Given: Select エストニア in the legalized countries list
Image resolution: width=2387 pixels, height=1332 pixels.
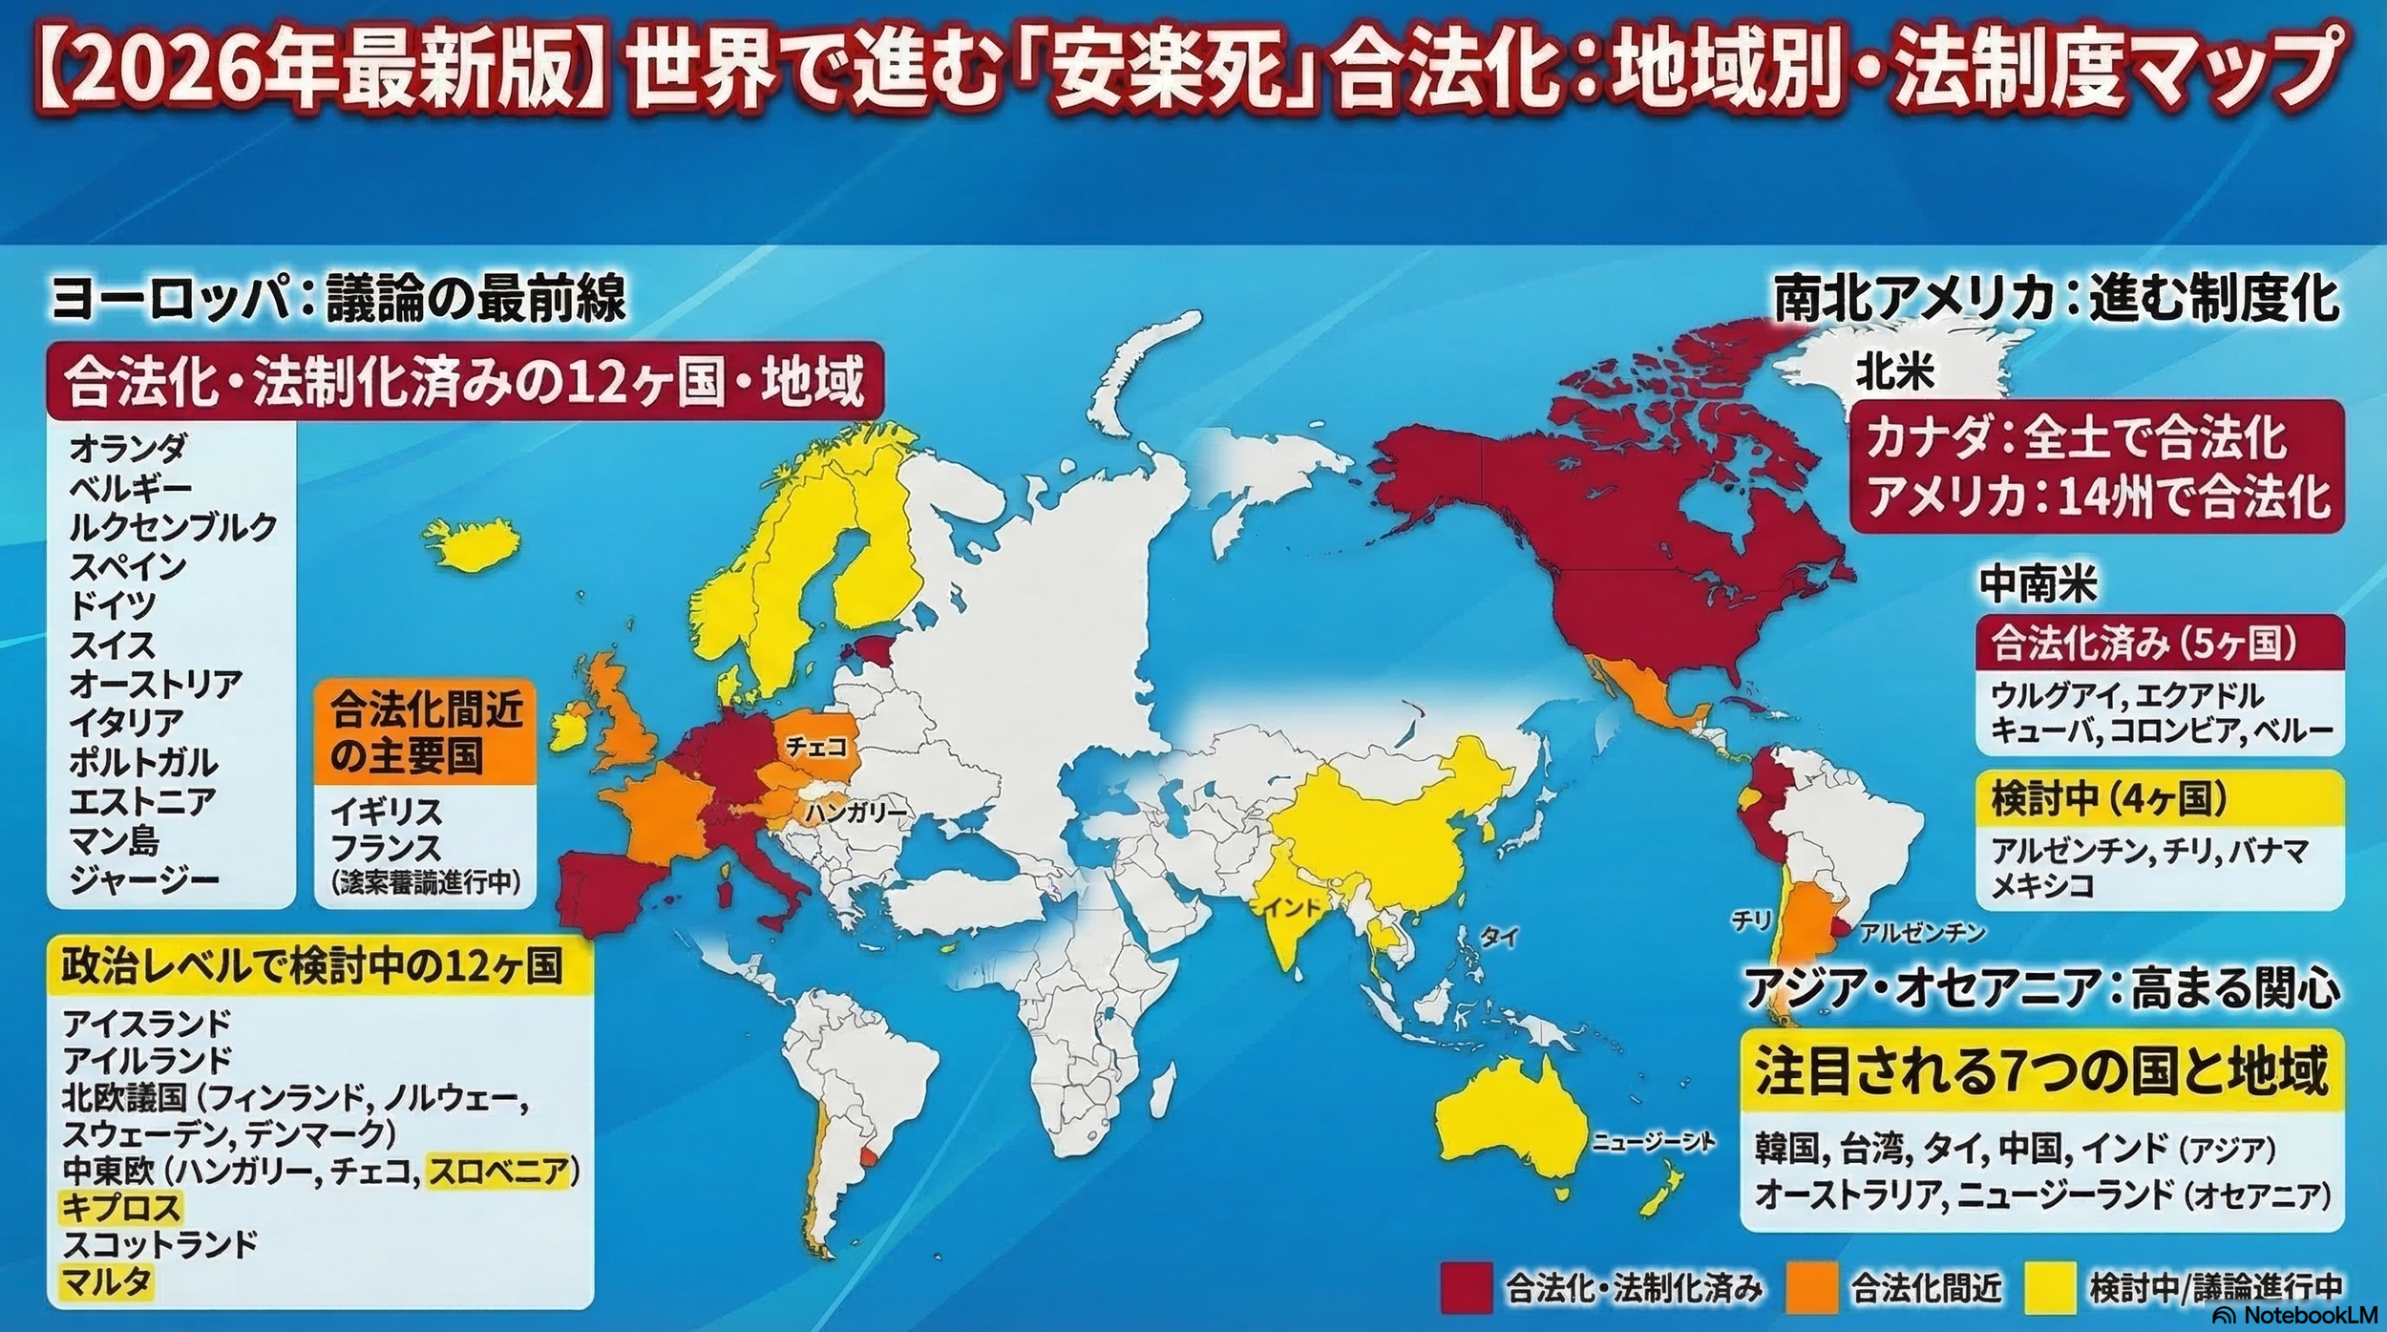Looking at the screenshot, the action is [130, 801].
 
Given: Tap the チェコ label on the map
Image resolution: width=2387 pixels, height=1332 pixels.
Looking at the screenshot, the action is [816, 748].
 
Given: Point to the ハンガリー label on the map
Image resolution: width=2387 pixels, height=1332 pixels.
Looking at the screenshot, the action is [856, 813].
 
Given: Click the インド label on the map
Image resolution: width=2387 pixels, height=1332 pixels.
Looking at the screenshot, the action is [1290, 907].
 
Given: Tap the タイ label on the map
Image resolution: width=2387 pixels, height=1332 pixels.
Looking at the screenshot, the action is [1498, 937].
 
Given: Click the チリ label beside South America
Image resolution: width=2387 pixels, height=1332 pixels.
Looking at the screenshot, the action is [1752, 920].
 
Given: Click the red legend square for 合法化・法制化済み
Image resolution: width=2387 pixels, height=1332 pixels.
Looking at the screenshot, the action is [1466, 1288].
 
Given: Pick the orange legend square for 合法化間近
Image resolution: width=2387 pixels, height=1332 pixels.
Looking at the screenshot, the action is [1811, 1288].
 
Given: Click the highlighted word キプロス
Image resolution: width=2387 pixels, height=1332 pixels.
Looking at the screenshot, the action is [120, 1207].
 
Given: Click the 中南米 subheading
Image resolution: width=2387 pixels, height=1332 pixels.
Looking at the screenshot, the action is [2038, 584].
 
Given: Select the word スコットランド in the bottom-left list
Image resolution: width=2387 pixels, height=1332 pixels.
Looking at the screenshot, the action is [160, 1244].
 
